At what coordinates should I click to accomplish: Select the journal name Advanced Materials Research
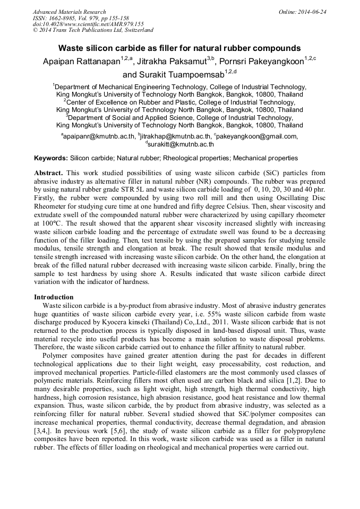point(69,12)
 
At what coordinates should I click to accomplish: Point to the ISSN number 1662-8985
point(66,18)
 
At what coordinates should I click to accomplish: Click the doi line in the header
point(88,24)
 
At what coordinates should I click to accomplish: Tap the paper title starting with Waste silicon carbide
point(179,48)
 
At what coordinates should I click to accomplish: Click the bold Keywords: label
point(51,158)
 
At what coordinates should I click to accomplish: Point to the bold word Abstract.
point(48,174)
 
